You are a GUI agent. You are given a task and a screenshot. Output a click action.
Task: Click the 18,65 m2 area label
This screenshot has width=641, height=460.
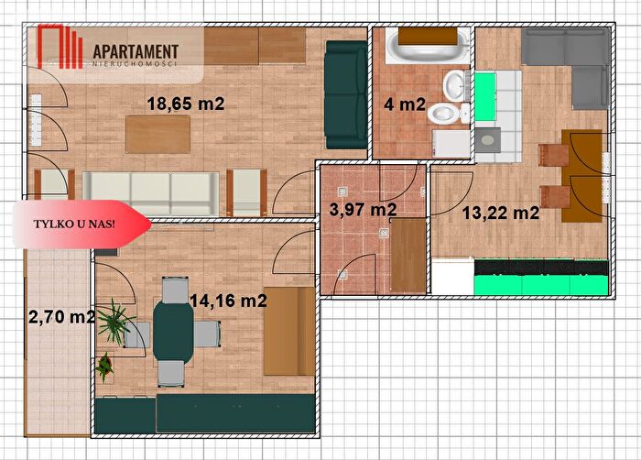click(186, 104)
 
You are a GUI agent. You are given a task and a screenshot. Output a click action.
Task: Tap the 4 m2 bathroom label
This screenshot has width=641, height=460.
click(405, 104)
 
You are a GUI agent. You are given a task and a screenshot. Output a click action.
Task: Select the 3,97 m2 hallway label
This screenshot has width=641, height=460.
click(363, 210)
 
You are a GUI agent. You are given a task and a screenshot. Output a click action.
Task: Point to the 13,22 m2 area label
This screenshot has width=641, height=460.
click(500, 213)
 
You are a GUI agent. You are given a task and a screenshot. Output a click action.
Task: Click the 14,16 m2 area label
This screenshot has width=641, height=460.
click(229, 301)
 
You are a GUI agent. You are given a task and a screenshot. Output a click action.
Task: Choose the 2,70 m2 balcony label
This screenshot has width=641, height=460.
click(61, 317)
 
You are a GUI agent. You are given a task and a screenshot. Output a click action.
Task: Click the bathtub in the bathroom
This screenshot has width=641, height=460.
click(428, 46)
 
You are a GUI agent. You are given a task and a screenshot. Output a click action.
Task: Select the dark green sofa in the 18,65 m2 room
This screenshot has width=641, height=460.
click(346, 94)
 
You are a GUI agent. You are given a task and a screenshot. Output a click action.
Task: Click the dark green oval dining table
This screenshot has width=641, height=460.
click(173, 332)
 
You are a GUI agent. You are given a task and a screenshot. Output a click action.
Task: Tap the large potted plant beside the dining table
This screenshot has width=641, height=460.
click(114, 322)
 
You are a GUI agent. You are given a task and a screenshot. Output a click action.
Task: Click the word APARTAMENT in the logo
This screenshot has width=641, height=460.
click(136, 52)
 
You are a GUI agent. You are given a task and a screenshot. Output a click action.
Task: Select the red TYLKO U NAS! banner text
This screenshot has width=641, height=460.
click(74, 225)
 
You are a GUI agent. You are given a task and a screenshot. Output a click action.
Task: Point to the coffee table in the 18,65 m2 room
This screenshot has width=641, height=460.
click(158, 134)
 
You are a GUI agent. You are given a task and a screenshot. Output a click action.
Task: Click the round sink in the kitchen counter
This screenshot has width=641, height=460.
click(487, 140)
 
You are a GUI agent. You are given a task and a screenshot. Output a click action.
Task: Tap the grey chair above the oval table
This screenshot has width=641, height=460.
click(175, 290)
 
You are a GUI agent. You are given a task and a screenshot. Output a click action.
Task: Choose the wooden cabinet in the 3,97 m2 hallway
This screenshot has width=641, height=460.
click(408, 255)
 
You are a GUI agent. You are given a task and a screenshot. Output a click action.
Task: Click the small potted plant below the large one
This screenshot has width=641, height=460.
click(104, 367)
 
